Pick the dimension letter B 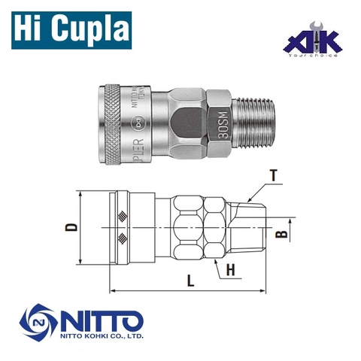click(x=281, y=234)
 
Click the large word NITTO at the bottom click(x=96, y=317)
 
